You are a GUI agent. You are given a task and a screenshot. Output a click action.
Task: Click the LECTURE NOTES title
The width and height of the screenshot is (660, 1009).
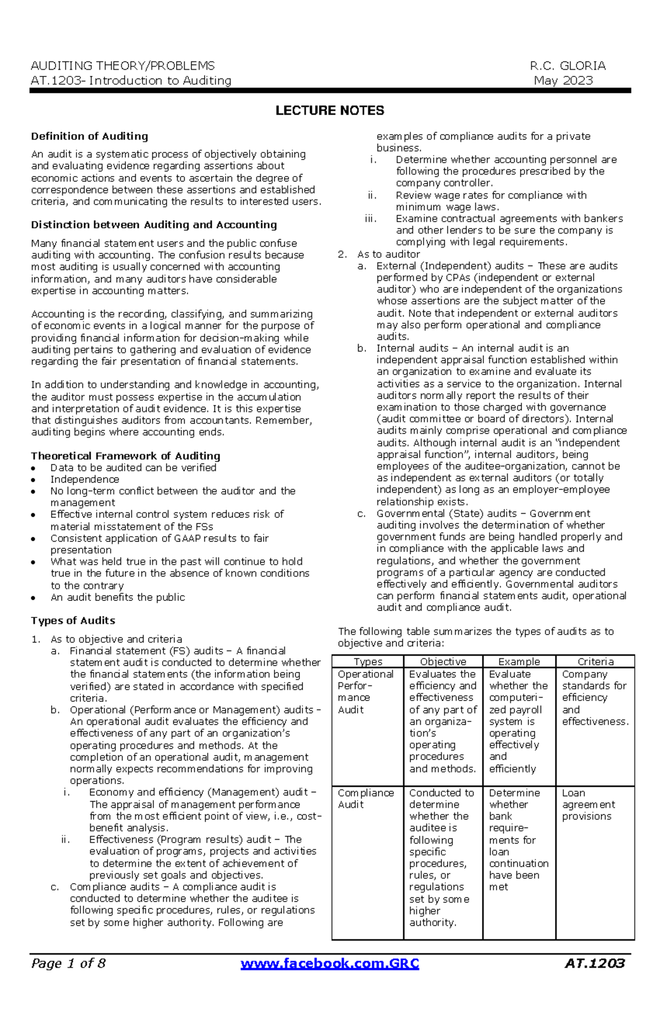(329, 111)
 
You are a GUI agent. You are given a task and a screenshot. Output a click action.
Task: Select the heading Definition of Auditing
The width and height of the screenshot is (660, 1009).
(90, 136)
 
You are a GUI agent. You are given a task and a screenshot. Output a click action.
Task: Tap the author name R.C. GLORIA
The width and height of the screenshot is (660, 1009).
(568, 66)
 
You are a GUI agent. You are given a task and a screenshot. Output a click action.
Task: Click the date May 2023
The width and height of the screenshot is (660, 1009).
(563, 80)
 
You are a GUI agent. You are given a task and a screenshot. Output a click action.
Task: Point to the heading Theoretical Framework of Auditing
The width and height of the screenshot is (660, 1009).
(125, 455)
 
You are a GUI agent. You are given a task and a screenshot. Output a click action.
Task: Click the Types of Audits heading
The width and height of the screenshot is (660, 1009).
(73, 620)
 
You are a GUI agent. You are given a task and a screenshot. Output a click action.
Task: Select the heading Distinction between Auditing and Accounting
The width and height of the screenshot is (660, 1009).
(154, 224)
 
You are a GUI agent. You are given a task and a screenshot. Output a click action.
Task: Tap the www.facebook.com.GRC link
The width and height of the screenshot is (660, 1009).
(330, 963)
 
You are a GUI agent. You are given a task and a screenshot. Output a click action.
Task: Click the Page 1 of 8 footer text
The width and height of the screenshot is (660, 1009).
(68, 963)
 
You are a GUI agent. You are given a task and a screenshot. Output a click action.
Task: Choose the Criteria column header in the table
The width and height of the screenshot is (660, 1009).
(595, 661)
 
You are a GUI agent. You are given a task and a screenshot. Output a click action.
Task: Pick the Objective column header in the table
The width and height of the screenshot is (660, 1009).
(443, 661)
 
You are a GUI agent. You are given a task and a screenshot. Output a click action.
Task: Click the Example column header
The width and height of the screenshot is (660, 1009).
(519, 661)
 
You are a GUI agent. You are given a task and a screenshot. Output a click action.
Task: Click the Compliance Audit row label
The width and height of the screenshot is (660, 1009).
(366, 798)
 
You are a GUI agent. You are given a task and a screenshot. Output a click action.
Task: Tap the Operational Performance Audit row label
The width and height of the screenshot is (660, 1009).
(366, 691)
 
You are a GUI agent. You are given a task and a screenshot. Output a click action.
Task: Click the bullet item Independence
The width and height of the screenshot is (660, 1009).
(85, 479)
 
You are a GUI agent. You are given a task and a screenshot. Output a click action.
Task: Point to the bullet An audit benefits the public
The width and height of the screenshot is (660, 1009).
(118, 597)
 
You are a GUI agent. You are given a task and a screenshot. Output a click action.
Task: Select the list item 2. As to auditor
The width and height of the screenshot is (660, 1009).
(388, 254)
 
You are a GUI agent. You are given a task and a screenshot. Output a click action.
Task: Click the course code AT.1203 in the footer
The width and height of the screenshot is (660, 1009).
(595, 963)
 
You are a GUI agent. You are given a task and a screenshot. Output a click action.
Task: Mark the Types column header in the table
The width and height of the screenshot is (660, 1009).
(367, 661)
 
